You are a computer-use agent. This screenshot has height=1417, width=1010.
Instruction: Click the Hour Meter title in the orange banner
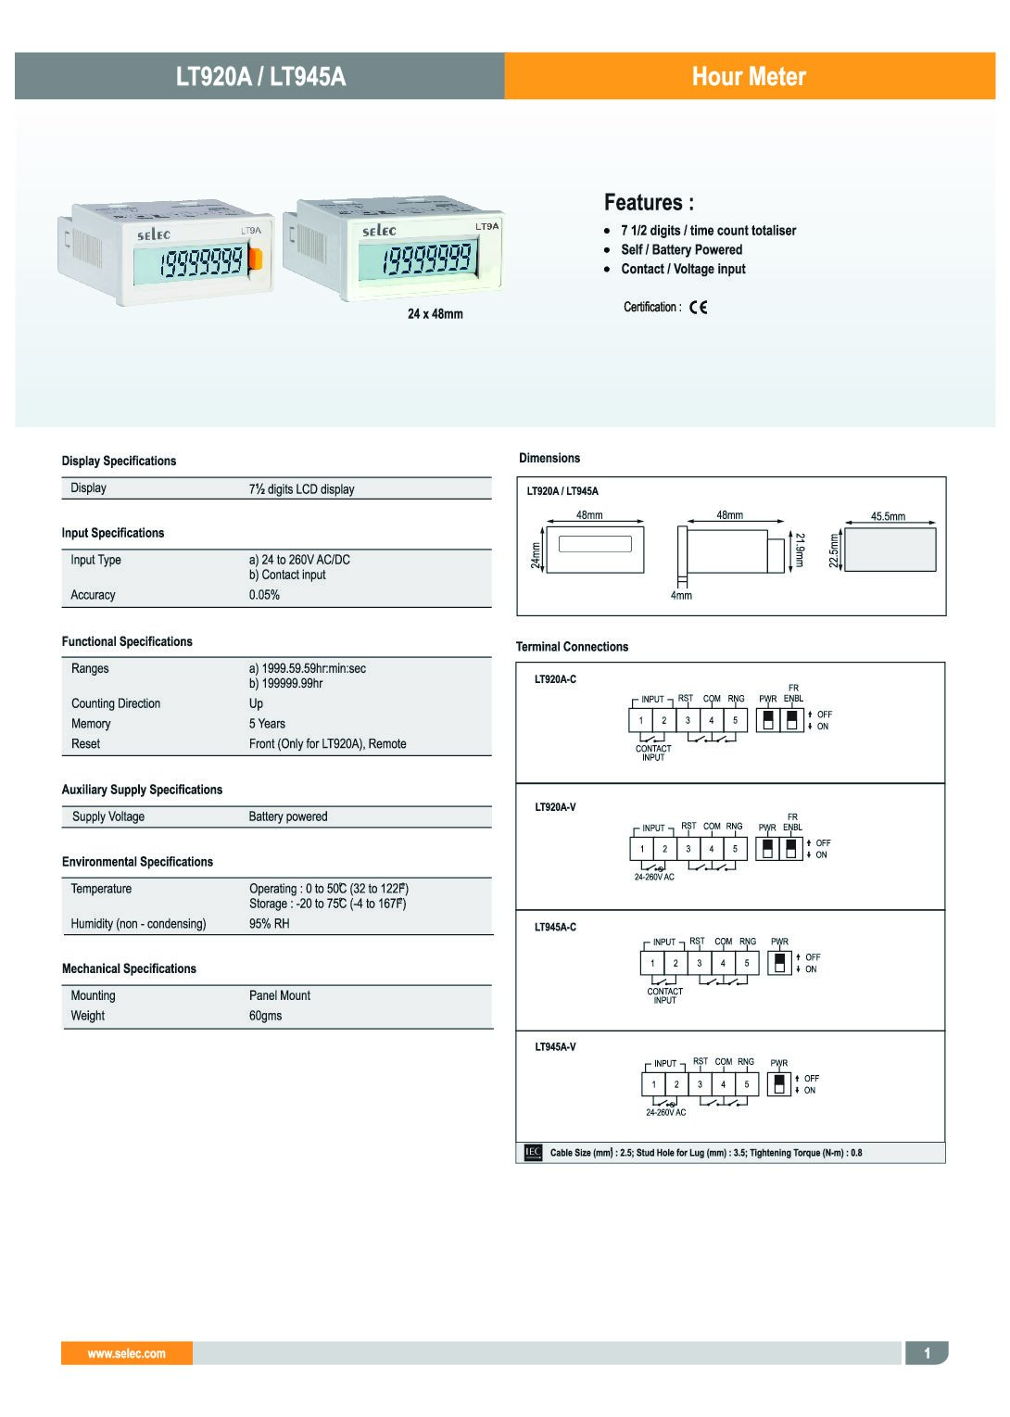click(x=749, y=76)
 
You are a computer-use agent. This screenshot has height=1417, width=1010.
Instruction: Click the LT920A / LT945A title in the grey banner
click(x=260, y=76)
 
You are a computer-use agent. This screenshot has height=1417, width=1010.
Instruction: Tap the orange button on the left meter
click(x=256, y=259)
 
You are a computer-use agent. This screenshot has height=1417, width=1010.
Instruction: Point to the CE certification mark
click(x=699, y=308)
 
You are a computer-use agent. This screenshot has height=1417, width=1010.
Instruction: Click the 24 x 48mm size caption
click(x=435, y=314)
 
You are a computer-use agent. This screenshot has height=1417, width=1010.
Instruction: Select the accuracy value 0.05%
click(x=264, y=595)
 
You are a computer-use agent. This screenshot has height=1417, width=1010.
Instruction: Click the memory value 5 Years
click(x=267, y=724)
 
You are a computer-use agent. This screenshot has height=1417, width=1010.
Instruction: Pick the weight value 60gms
click(x=265, y=1016)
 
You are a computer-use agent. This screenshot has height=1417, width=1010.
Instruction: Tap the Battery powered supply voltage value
click(x=287, y=816)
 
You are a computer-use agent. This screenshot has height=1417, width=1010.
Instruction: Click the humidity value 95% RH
click(x=269, y=924)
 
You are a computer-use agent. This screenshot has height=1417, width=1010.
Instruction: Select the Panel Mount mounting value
click(x=279, y=995)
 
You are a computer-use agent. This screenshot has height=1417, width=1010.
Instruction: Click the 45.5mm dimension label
click(x=888, y=516)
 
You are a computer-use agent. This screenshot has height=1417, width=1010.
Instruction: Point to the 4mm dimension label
click(x=681, y=596)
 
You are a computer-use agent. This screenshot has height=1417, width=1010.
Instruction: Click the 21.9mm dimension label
click(x=800, y=550)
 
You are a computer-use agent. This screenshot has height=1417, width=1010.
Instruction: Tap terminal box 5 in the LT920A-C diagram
click(x=735, y=720)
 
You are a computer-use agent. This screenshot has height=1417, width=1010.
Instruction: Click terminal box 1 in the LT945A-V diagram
click(x=653, y=1084)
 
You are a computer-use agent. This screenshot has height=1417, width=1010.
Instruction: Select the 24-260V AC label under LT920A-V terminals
click(x=654, y=877)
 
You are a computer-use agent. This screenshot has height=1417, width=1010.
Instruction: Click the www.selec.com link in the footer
click(x=127, y=1354)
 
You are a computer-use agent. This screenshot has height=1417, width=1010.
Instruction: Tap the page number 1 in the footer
click(x=927, y=1354)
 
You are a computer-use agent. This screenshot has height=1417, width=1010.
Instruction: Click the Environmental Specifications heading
click(x=137, y=862)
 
